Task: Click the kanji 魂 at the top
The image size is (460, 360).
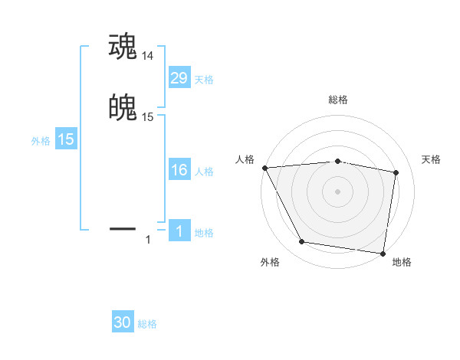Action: click(x=123, y=46)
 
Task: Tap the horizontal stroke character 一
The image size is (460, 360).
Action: click(x=123, y=227)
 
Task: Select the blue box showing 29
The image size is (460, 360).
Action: click(x=179, y=77)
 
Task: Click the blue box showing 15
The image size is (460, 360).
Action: click(x=65, y=139)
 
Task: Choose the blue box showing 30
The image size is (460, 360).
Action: click(x=123, y=322)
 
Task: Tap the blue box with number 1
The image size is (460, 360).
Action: click(x=179, y=231)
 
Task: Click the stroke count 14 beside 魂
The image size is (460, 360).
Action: click(x=148, y=55)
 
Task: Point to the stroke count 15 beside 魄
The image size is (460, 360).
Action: click(x=148, y=117)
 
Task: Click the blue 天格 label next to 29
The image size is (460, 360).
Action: click(x=204, y=79)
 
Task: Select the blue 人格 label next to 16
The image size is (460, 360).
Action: click(x=204, y=171)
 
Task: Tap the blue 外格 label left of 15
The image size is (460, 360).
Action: click(x=41, y=141)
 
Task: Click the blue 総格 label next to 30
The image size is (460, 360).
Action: click(x=147, y=324)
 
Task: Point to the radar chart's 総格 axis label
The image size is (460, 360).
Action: click(x=338, y=100)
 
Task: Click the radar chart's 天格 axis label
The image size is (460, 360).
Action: click(x=432, y=159)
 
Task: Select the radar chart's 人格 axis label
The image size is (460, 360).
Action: click(x=245, y=159)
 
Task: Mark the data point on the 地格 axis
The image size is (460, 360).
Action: click(x=383, y=254)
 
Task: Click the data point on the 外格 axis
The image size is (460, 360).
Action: click(x=302, y=242)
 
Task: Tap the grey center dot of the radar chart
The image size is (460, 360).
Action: click(x=338, y=191)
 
